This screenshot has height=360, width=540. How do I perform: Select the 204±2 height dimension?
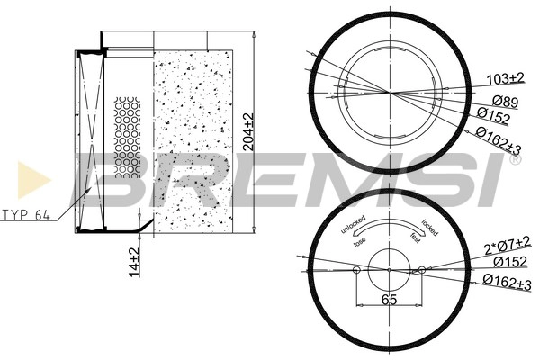(250, 133)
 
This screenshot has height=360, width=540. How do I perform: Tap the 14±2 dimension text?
(133, 260)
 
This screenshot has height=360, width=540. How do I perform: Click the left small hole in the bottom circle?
(357, 269)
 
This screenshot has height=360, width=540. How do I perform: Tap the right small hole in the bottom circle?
(420, 269)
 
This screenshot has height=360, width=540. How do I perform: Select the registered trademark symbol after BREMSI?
(514, 161)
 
